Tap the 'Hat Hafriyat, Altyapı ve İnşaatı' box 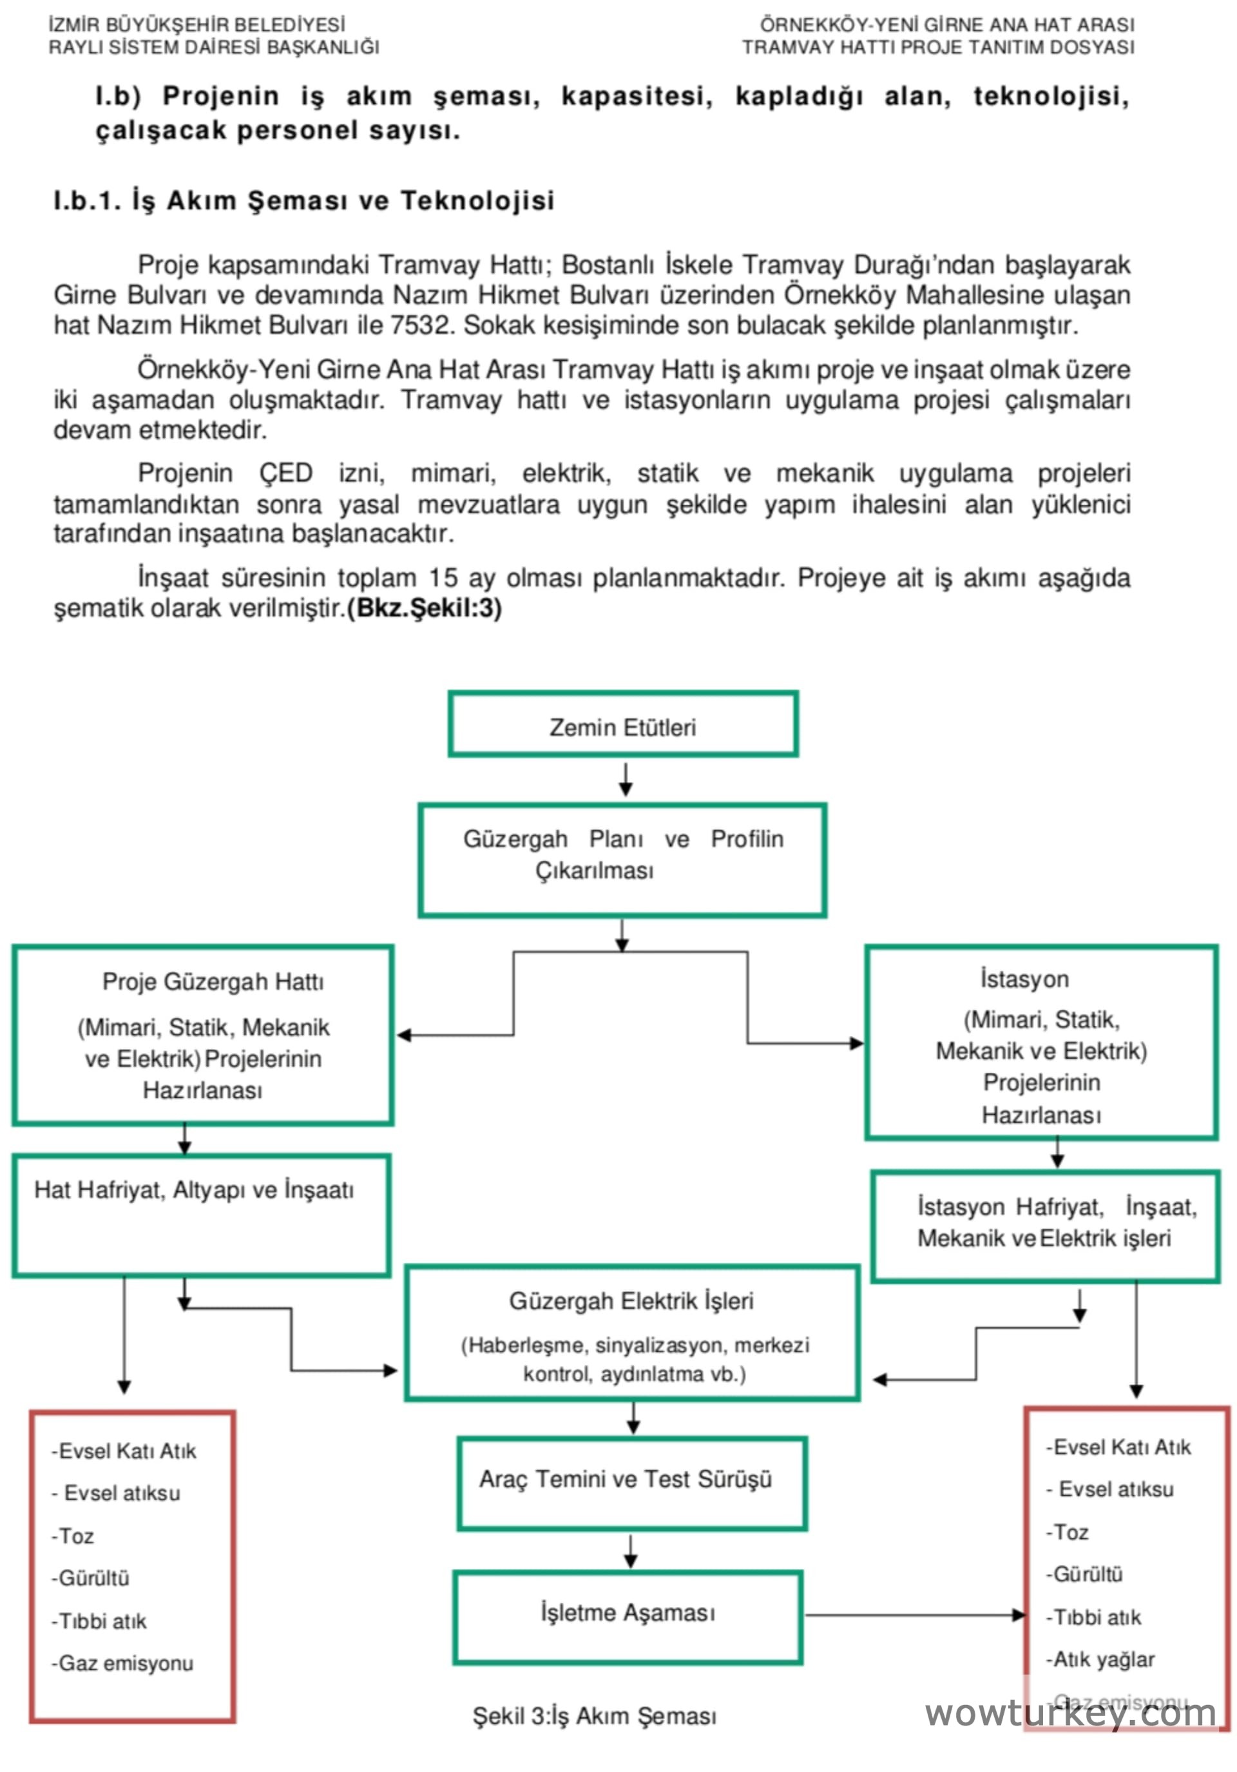(200, 1215)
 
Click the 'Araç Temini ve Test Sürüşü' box (631, 1483)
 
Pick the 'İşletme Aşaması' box (628, 1617)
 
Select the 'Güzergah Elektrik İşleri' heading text (631, 1301)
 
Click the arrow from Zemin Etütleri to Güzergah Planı (625, 779)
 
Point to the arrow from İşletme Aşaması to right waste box (914, 1615)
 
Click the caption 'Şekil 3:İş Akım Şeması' (594, 1716)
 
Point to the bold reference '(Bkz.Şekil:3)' (425, 608)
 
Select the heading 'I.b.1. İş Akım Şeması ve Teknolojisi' (304, 200)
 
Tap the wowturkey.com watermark (1070, 1714)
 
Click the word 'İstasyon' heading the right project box (1024, 979)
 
